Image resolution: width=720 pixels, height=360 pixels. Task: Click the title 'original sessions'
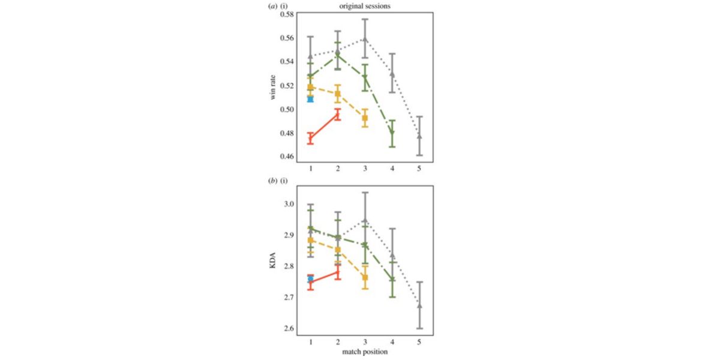click(364, 7)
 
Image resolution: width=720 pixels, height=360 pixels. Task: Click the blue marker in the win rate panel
click(310, 99)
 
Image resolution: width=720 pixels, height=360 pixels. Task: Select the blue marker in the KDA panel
click(310, 279)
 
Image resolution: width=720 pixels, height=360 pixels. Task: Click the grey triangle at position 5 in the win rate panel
click(419, 136)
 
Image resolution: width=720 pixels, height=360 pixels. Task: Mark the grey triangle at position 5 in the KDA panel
click(419, 305)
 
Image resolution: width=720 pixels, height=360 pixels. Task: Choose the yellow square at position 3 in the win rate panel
click(365, 118)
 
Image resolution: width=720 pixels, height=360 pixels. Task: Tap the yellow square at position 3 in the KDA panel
click(365, 278)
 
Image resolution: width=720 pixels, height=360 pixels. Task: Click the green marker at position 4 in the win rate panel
click(392, 133)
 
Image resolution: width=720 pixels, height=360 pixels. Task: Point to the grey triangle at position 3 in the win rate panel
click(365, 40)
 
